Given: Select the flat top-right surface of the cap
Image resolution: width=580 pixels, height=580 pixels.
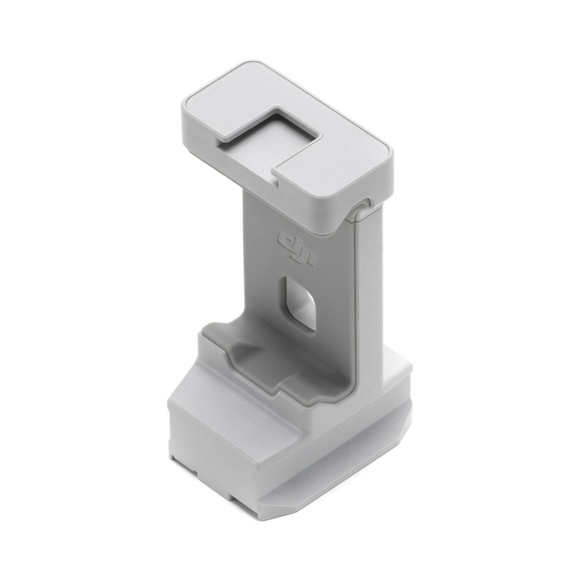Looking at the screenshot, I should tap(340, 162).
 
